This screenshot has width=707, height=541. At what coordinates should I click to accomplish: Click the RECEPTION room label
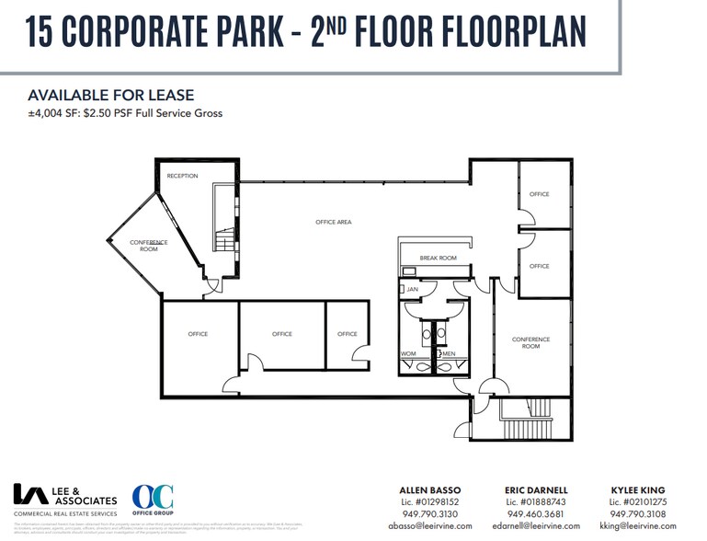pyautogui.click(x=182, y=176)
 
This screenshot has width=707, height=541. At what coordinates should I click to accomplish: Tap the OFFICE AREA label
pyautogui.click(x=333, y=222)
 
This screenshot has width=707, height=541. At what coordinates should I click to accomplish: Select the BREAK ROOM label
pyautogui.click(x=438, y=259)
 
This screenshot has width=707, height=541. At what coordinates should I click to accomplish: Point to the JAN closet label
pyautogui.click(x=412, y=289)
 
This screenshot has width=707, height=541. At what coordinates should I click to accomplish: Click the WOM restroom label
pyautogui.click(x=408, y=353)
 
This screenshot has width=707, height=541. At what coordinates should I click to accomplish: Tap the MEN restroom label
pyautogui.click(x=449, y=353)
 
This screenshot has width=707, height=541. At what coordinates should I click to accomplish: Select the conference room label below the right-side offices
pyautogui.click(x=530, y=343)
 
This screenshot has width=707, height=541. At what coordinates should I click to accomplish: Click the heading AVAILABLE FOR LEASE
pyautogui.click(x=111, y=96)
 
